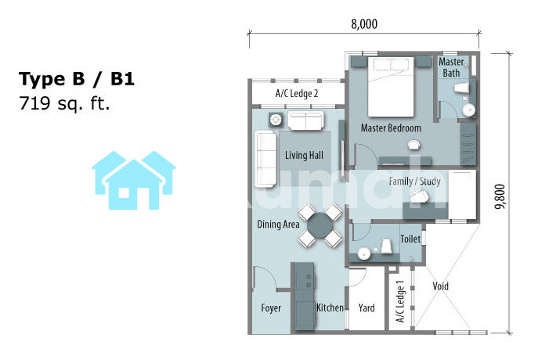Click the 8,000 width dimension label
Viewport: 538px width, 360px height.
(364, 24)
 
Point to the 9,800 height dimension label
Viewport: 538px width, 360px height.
(500, 196)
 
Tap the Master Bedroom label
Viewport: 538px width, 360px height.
(391, 128)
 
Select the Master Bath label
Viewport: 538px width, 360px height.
(452, 67)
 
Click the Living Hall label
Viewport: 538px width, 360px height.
(304, 155)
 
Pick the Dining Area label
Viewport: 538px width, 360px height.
(278, 225)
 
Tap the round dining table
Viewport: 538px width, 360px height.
(320, 225)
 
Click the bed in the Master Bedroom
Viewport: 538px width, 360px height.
(391, 87)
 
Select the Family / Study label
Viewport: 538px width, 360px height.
(415, 181)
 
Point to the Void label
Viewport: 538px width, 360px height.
(441, 286)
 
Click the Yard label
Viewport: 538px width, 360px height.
(366, 308)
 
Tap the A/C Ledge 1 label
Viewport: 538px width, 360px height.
(400, 301)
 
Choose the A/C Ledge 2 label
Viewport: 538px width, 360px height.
(297, 93)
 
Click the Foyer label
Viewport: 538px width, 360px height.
(271, 308)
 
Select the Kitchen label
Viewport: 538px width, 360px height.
(330, 308)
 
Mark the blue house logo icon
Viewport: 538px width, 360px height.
(134, 180)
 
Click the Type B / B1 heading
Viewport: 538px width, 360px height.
(76, 79)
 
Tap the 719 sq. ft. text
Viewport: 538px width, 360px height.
(64, 103)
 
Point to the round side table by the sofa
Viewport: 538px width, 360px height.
(276, 120)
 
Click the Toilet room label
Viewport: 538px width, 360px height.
(410, 239)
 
